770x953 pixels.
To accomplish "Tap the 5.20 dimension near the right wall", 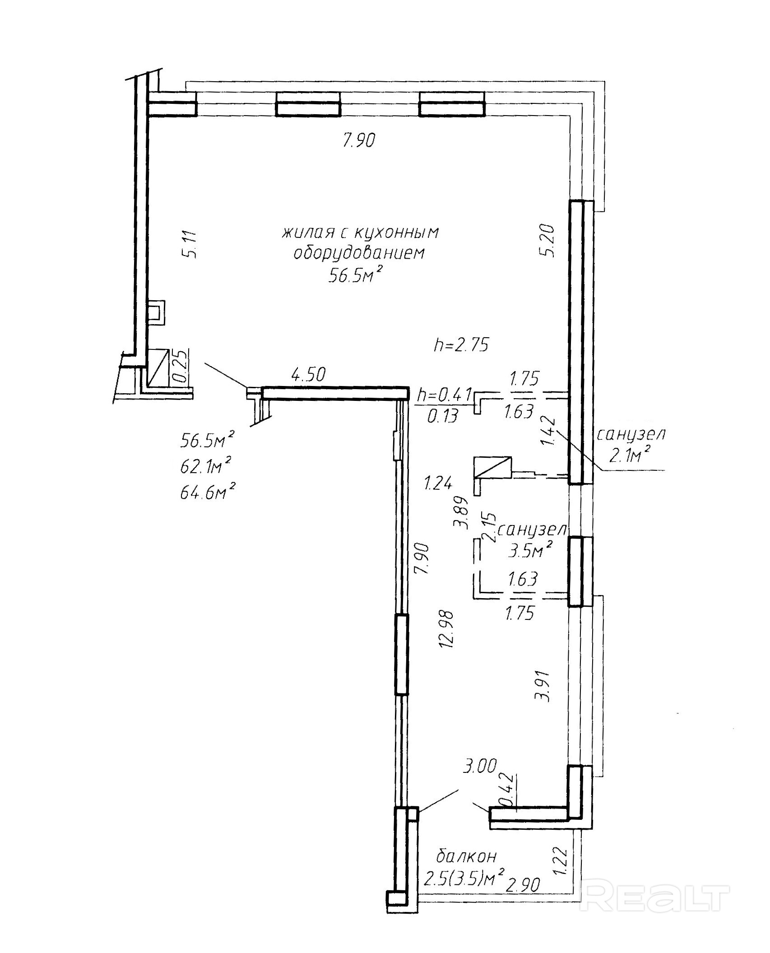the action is click(549, 241).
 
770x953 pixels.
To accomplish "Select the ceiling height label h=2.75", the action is click(461, 345).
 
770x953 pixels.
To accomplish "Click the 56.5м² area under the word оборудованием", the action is click(352, 275).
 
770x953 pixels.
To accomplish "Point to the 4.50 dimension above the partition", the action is click(309, 375).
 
